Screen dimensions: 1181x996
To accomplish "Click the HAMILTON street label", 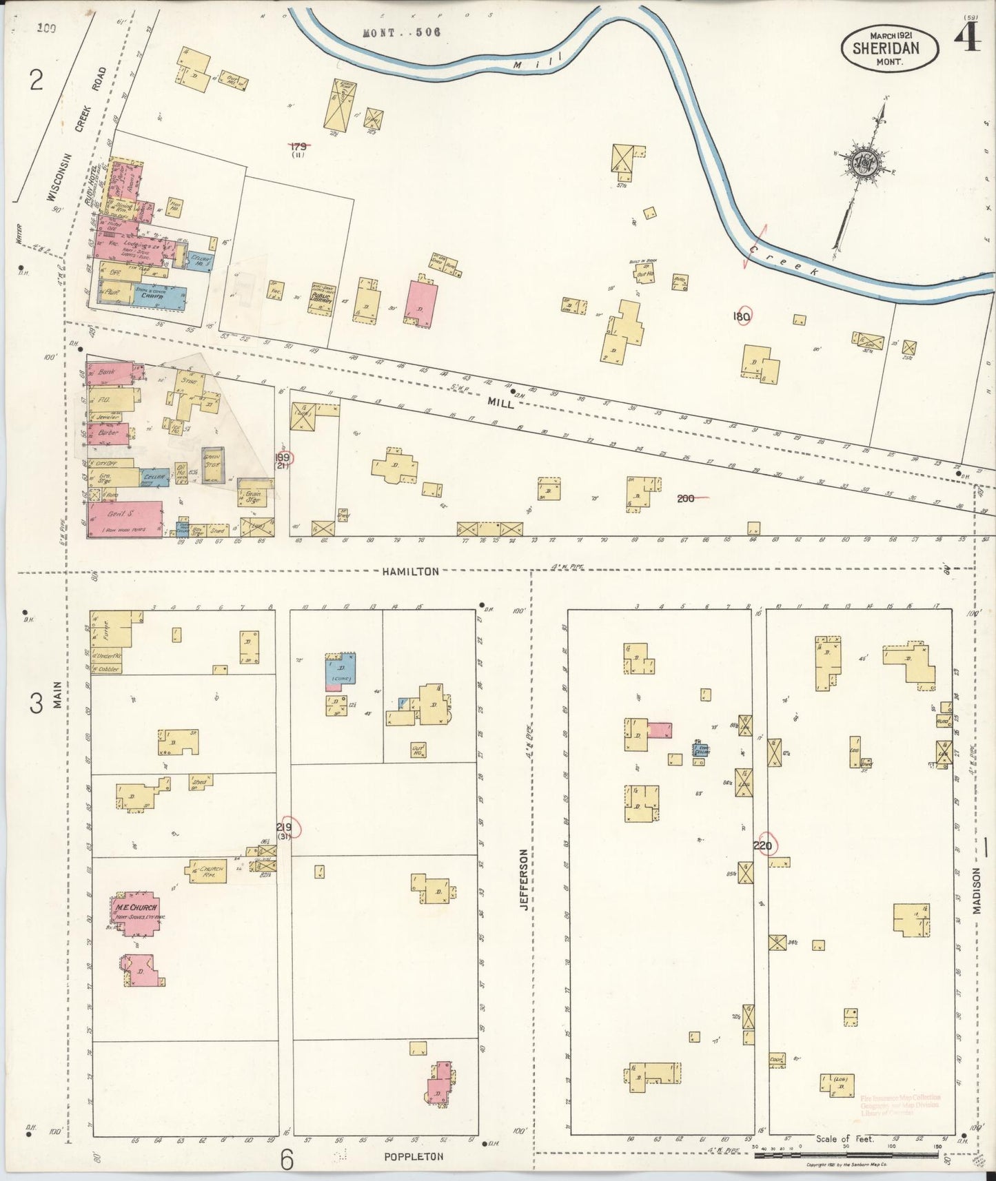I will coord(410,571).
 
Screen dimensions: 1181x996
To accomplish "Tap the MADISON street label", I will coord(977,890).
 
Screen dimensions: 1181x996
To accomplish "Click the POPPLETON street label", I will coord(414,1156).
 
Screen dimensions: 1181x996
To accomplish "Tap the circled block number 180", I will coord(742,317).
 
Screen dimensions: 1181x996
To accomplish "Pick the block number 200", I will coord(686,498).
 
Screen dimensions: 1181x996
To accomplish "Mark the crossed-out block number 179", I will coord(298,146).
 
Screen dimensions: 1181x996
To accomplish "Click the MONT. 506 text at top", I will coord(402,32).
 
